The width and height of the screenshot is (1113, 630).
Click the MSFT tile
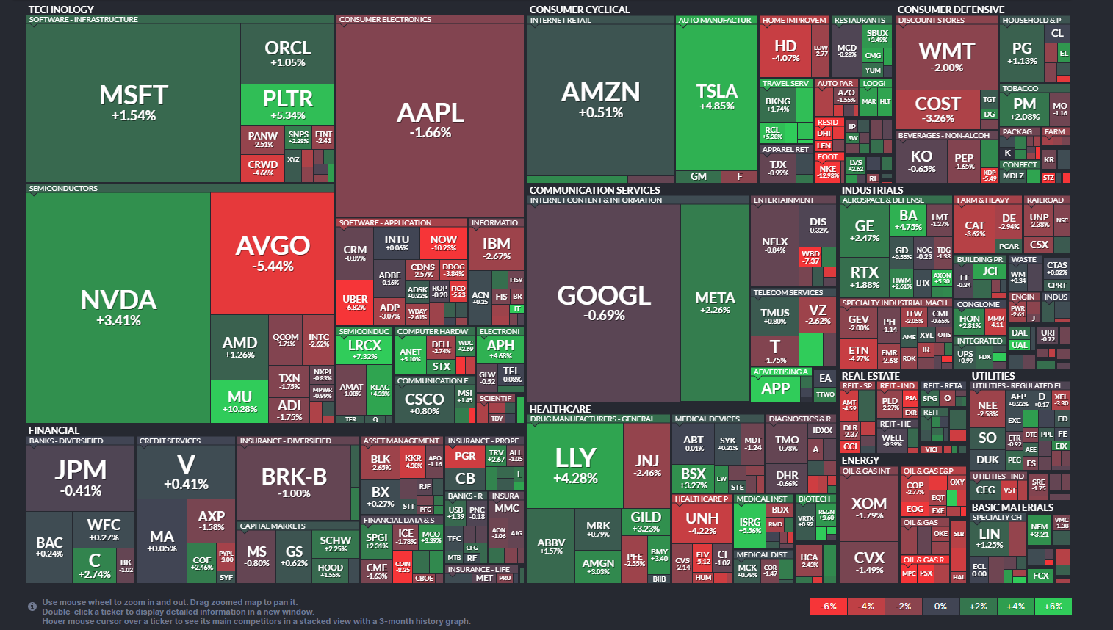coord(134,103)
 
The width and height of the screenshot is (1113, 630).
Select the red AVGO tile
coord(273,253)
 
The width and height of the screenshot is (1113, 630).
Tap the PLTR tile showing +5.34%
coord(287,104)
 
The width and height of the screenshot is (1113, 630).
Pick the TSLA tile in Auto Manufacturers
coord(716,97)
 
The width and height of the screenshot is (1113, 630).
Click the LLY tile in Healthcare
coord(575,466)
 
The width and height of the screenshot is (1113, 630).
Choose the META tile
coord(715,303)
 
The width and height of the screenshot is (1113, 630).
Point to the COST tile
coord(937,109)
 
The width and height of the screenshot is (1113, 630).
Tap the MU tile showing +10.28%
coord(239,401)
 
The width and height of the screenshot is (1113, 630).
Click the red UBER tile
coord(355,302)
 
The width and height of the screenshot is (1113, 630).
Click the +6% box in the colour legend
coord(1053,607)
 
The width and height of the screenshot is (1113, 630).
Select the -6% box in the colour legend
coord(828,607)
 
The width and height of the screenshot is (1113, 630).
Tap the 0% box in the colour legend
coord(940,607)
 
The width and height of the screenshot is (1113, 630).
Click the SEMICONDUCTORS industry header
coord(63,189)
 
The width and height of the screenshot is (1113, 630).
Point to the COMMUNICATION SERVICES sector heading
coord(594,190)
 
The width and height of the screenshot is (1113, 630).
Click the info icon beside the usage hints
coord(32,607)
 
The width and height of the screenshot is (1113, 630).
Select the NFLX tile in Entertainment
coord(774,245)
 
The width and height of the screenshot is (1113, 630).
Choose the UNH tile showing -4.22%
coord(702,522)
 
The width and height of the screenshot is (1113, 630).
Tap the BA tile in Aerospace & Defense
coord(908,220)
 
